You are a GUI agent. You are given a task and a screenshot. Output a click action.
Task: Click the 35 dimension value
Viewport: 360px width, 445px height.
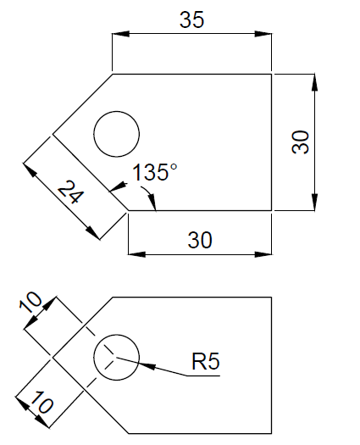pyautogui.click(x=191, y=20)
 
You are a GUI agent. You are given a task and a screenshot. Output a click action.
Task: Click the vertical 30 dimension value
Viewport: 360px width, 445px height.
pyautogui.click(x=300, y=142)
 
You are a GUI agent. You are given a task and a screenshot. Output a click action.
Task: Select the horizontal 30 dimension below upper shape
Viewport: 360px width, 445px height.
pyautogui.click(x=200, y=240)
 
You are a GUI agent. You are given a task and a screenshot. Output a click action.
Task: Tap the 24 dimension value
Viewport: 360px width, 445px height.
pyautogui.click(x=71, y=195)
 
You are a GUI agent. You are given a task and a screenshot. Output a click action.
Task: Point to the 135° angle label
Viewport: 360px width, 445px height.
pyautogui.click(x=155, y=173)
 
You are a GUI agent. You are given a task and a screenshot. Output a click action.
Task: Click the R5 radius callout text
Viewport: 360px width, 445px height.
pyautogui.click(x=206, y=362)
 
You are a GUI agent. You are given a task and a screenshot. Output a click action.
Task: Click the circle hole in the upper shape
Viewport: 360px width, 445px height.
pyautogui.click(x=116, y=134)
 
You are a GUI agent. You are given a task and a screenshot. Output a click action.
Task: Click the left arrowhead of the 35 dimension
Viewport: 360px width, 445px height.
pyautogui.click(x=119, y=35)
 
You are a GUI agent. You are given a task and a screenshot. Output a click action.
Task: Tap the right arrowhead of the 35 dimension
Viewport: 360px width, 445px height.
pyautogui.click(x=265, y=35)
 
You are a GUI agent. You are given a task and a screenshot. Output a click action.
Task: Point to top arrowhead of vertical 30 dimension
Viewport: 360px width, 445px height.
pyautogui.click(x=314, y=81)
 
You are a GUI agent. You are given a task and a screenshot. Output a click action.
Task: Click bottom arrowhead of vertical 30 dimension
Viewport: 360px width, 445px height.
pyautogui.click(x=314, y=203)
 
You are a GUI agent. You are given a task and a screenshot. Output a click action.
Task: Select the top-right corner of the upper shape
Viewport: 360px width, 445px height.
pyautogui.click(x=272, y=74)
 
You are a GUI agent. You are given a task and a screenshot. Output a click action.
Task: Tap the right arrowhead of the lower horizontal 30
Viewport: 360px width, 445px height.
pyautogui.click(x=265, y=253)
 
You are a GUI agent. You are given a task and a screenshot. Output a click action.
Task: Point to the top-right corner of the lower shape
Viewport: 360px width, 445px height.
pyautogui.click(x=272, y=297)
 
